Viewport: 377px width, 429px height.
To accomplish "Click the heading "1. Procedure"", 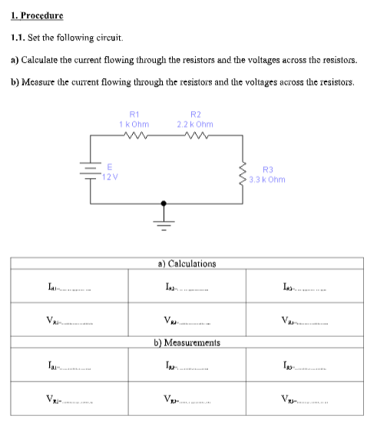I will pyautogui.click(x=37, y=15).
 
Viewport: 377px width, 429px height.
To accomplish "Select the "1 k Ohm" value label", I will pyautogui.click(x=135, y=124).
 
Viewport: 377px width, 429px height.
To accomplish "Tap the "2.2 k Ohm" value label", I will pyautogui.click(x=194, y=124).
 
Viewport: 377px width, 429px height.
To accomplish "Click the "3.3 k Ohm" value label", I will pyautogui.click(x=268, y=180).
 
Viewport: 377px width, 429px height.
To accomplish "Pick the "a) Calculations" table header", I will pyautogui.click(x=188, y=263).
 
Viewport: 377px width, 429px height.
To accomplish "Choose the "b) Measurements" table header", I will pyautogui.click(x=188, y=342).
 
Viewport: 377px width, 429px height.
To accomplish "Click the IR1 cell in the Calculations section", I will pyautogui.click(x=70, y=287).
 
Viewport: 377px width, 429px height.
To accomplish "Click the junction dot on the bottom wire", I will pyautogui.click(x=163, y=203).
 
